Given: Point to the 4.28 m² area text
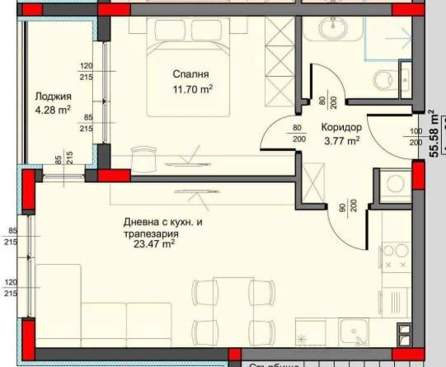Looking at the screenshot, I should click(51, 109).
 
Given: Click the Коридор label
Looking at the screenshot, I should click(339, 128).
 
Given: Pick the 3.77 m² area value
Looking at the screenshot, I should click(341, 141).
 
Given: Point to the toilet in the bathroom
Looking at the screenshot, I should click(382, 79).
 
